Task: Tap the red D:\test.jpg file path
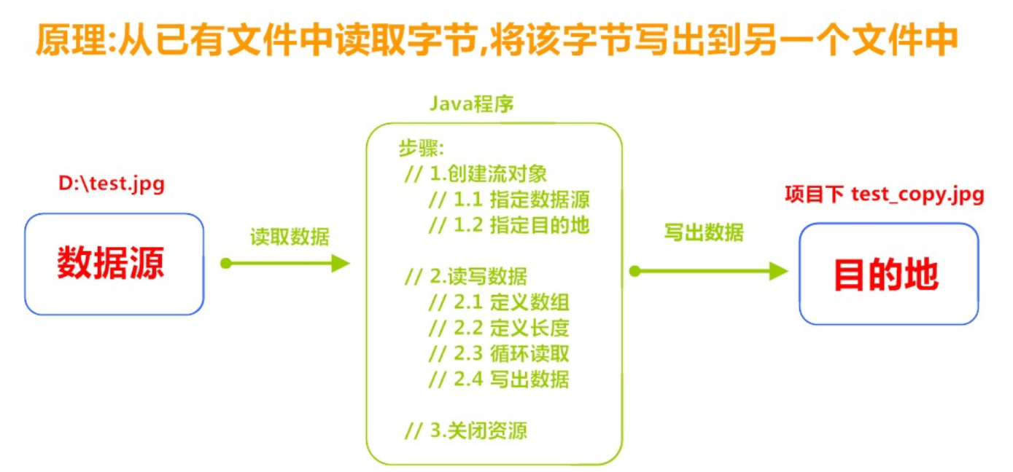click(x=112, y=184)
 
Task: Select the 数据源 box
click(x=114, y=264)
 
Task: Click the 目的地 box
click(x=888, y=273)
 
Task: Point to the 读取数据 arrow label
click(x=290, y=237)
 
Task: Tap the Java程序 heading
click(x=471, y=103)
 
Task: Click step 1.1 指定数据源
click(x=509, y=200)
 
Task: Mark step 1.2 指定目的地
click(x=509, y=225)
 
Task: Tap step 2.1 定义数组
click(x=499, y=302)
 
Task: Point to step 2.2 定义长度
click(x=499, y=327)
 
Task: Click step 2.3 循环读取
click(x=499, y=353)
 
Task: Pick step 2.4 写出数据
click(x=499, y=379)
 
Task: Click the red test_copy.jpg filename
click(x=917, y=194)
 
